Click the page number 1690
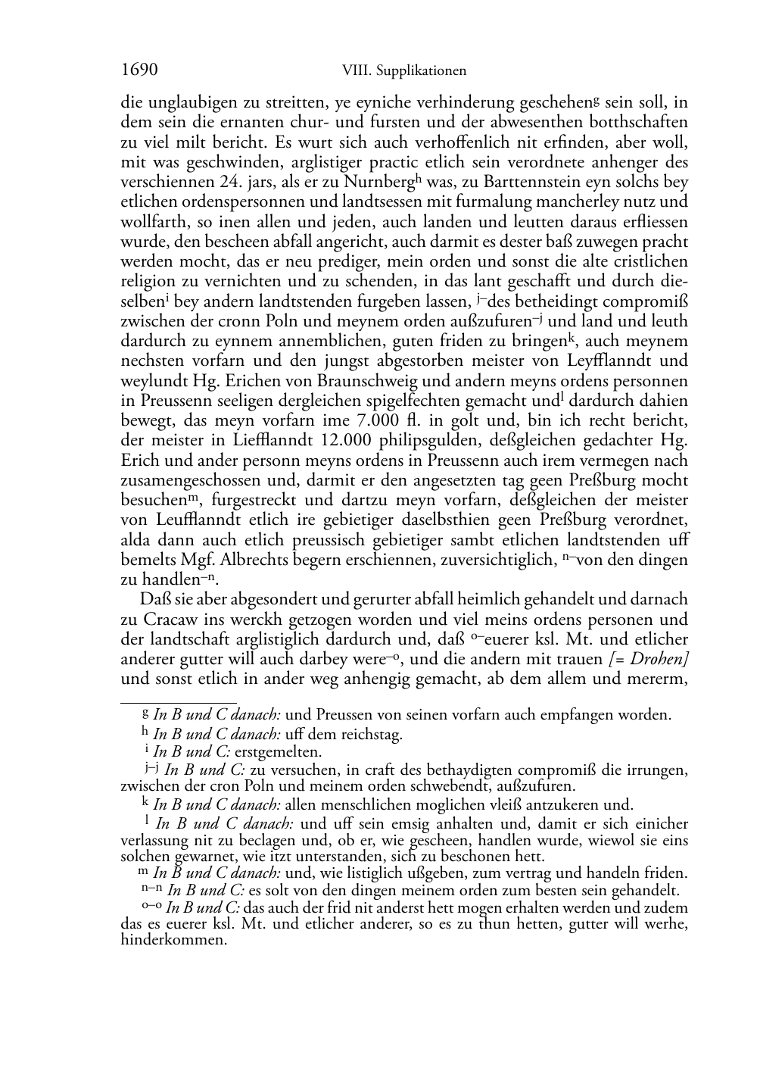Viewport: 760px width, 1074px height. pyautogui.click(x=139, y=70)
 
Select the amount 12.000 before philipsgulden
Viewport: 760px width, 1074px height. pyautogui.click(x=355, y=441)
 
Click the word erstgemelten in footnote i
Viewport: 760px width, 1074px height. pyautogui.click(x=278, y=752)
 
